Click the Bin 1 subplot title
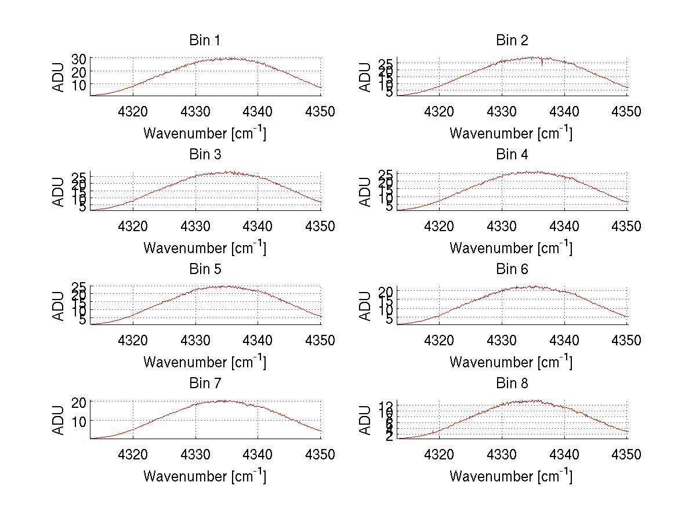(205, 41)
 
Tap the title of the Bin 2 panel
(512, 41)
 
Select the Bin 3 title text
(205, 155)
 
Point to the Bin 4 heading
(512, 155)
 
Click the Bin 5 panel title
(205, 269)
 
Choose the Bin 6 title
(512, 269)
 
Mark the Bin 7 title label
(205, 384)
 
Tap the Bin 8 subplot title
(512, 384)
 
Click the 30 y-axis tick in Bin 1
(79, 59)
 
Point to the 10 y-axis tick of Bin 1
(79, 85)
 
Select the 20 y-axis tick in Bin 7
(79, 402)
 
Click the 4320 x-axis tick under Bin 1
(133, 112)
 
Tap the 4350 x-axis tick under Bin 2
(627, 112)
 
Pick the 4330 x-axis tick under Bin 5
(195, 341)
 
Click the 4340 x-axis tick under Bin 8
(564, 455)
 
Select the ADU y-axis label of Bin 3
(59, 191)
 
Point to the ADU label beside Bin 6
(365, 306)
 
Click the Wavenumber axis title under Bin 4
(511, 247)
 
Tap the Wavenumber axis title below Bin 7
(205, 476)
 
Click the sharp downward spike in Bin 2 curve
(542, 63)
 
